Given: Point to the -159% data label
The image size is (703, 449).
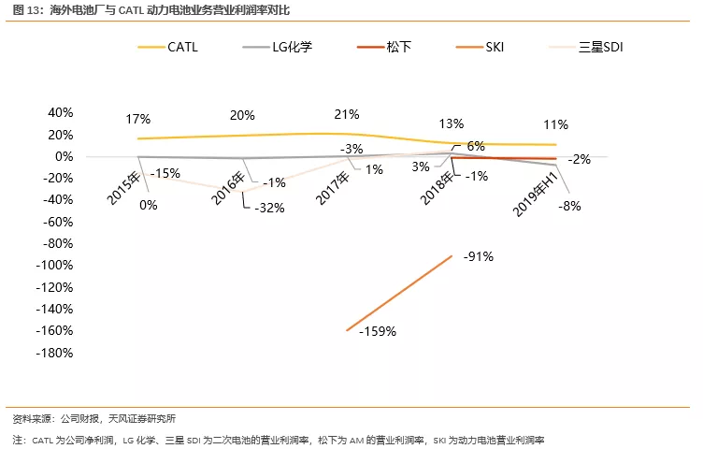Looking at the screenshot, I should (379, 331).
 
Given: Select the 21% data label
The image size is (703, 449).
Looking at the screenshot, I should (347, 115).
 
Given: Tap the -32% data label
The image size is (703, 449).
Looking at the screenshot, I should (269, 208).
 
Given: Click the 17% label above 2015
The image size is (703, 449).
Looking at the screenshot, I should (137, 119).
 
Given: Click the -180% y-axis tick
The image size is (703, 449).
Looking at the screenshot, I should (54, 353).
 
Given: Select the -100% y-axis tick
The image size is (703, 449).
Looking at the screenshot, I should (54, 266).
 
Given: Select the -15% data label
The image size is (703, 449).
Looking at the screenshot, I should (165, 173).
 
